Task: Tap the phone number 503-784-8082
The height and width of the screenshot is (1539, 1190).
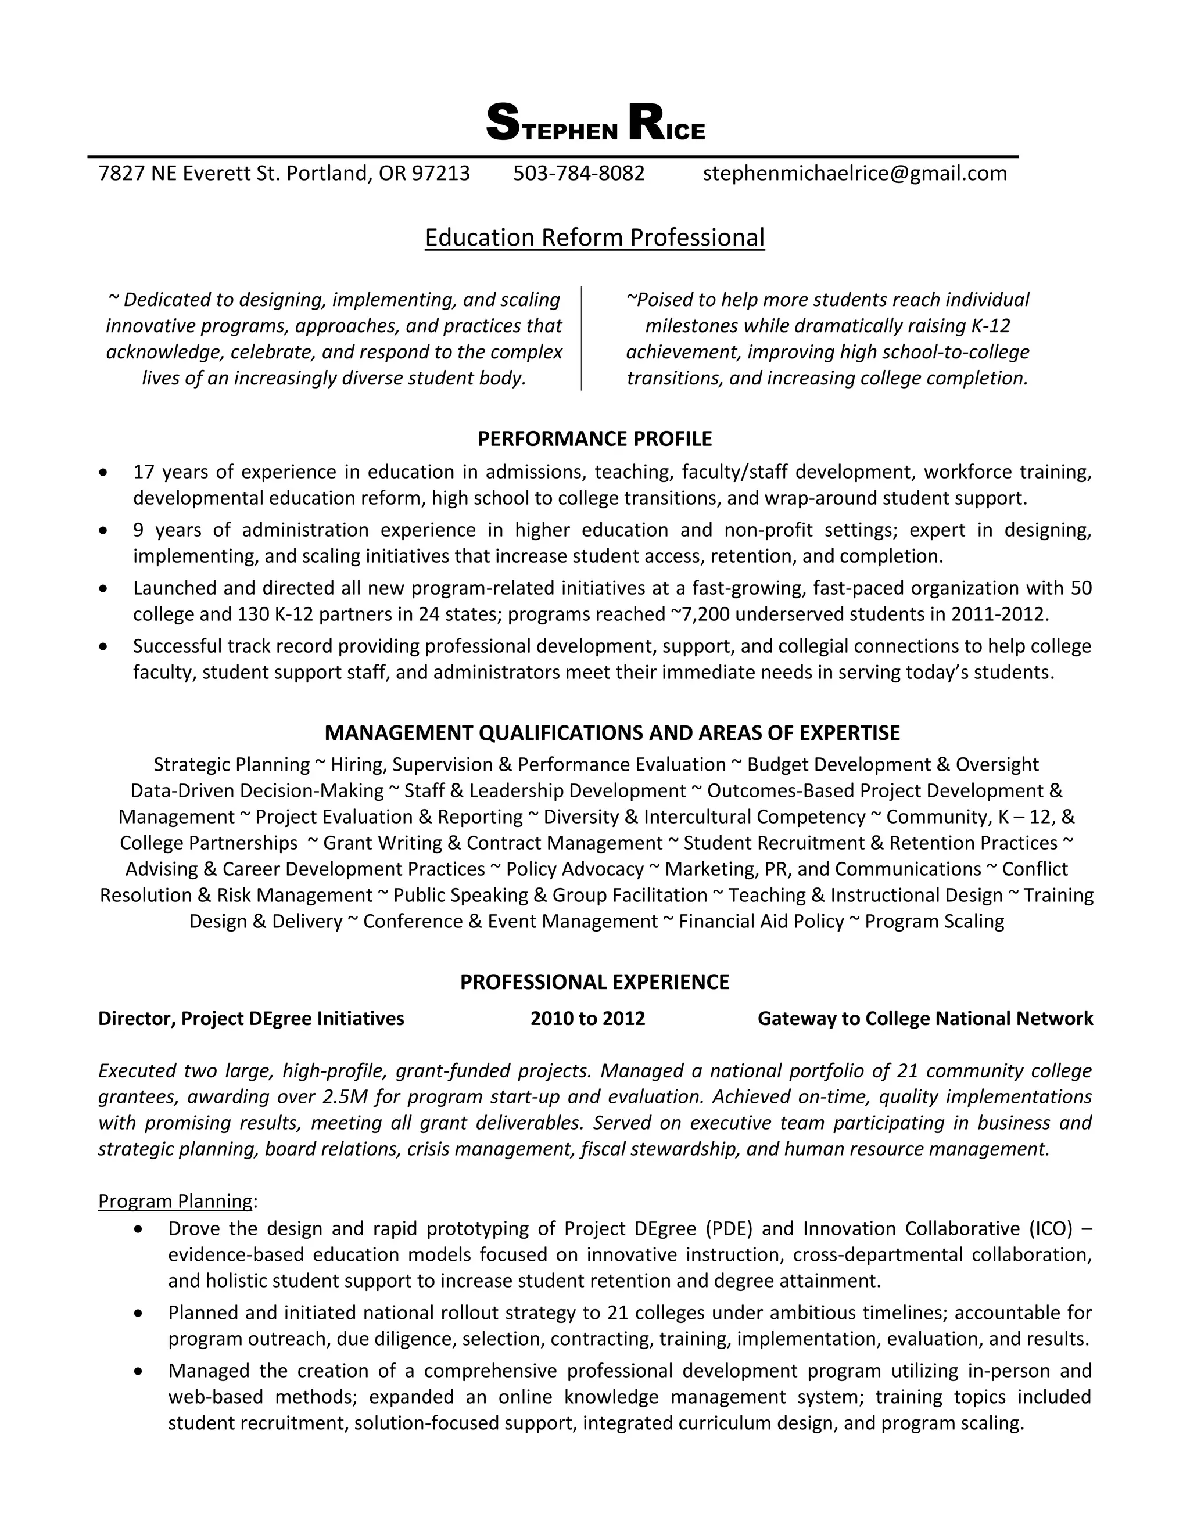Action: click(579, 173)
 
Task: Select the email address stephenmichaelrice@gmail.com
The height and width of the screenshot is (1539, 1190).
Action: click(854, 173)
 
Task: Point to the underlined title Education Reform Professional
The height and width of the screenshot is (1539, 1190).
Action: click(594, 238)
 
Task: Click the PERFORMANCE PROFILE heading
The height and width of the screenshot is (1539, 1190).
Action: click(594, 439)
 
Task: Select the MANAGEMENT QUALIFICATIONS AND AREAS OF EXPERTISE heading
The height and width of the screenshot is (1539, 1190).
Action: click(612, 733)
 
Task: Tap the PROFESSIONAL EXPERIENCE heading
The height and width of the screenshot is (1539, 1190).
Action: click(594, 982)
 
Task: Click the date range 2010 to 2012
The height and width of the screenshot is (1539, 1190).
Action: click(587, 1019)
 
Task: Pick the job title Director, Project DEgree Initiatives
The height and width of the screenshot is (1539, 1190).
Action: click(251, 1019)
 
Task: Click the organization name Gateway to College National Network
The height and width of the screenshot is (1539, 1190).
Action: click(925, 1019)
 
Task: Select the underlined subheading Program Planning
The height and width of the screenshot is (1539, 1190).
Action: click(175, 1201)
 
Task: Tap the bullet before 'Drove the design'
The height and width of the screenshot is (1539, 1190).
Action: click(139, 1229)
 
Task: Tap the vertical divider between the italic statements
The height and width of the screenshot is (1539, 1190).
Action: click(581, 338)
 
